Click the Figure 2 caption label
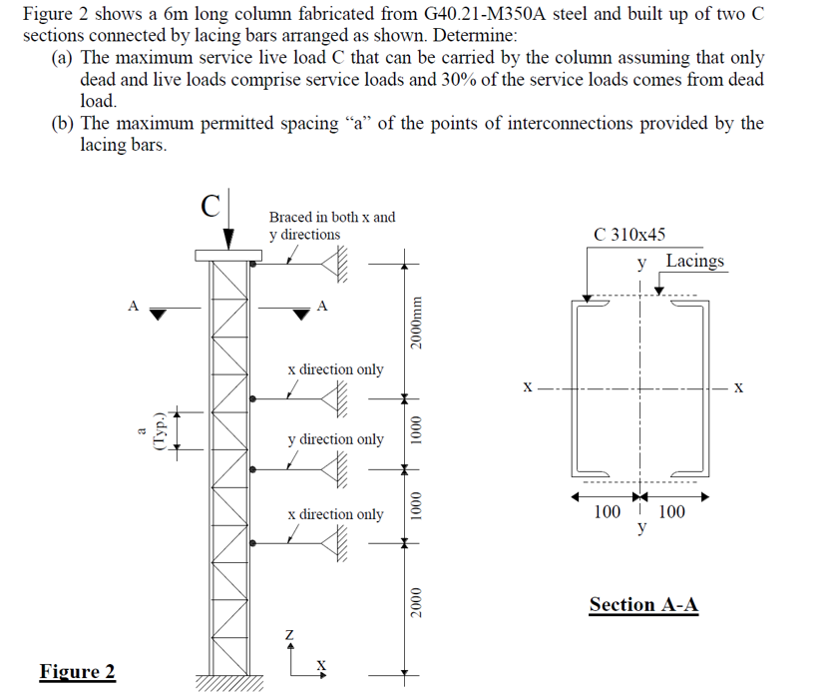tap(77, 671)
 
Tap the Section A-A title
tap(643, 604)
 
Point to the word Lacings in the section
tap(695, 261)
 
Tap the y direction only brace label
tap(335, 439)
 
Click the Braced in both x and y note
tap(331, 225)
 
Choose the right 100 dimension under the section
tap(671, 512)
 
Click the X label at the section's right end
tap(738, 386)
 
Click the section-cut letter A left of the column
tap(132, 307)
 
